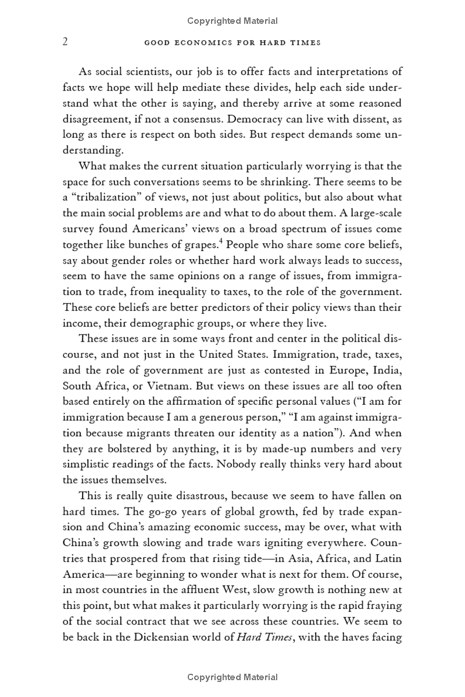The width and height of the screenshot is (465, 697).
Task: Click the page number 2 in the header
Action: click(66, 42)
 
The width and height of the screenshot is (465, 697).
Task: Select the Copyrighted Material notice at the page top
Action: click(233, 21)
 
